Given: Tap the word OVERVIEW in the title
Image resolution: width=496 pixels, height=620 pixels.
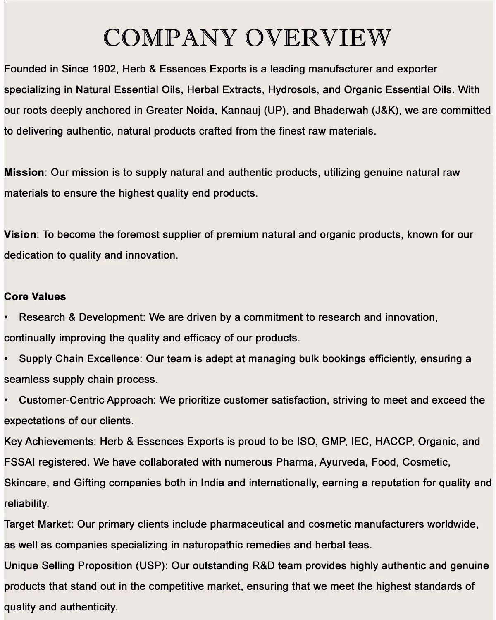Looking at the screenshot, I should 318,38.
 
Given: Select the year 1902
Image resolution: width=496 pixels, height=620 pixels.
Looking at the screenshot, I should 105,69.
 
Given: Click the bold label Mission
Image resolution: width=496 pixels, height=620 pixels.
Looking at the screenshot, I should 24,173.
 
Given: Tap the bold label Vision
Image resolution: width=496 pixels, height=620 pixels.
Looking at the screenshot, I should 20,235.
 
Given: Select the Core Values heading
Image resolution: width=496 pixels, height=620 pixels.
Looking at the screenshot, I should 35,297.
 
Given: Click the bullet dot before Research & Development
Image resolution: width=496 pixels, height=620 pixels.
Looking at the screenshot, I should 6,317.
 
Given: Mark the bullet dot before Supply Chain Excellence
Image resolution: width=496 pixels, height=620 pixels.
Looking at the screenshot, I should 6,359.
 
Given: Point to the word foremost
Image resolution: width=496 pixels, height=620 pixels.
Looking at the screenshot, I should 138,235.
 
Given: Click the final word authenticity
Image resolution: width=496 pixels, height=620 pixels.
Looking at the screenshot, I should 89,607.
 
